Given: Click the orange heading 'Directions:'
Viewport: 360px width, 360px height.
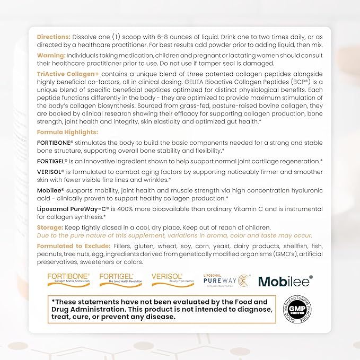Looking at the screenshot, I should click(x=52, y=37).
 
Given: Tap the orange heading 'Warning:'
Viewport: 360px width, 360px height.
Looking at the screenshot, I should click(x=51, y=56).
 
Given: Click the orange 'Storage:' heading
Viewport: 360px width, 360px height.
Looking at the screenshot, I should click(x=50, y=227).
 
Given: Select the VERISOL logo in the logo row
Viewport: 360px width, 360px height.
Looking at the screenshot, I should click(x=167, y=279).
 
